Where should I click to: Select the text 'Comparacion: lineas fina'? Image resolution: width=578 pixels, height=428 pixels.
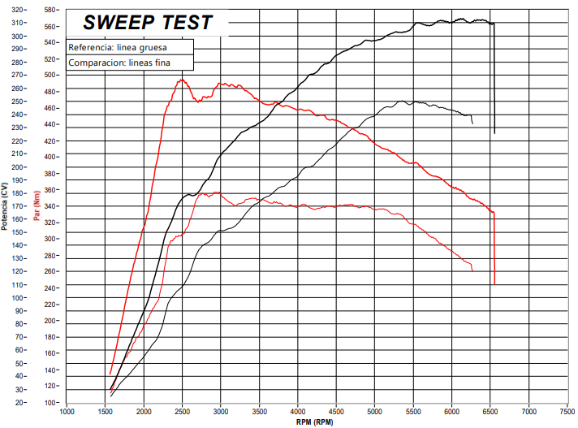[120, 63]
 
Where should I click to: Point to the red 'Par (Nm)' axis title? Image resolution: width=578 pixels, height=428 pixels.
[37, 205]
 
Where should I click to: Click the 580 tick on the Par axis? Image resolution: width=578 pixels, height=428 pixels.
[51, 10]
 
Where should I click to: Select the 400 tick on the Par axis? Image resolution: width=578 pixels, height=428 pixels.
[51, 157]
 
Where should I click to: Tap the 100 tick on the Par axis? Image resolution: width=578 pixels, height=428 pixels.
[51, 402]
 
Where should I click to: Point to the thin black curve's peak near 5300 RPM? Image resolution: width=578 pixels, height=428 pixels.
[400, 101]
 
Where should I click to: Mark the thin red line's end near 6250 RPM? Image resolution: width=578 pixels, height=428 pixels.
[472, 270]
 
